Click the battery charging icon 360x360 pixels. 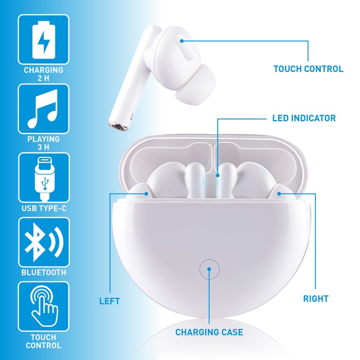43,39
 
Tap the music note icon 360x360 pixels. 43,108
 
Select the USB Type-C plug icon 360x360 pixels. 43,178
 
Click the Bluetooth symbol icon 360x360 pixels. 43,243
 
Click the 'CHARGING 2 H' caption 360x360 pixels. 43,74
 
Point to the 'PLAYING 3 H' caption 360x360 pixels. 43,143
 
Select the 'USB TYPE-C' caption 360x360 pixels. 43,209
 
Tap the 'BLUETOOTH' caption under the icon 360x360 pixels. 43,272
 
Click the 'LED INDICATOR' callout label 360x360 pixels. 304,119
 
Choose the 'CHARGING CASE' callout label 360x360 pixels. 209,333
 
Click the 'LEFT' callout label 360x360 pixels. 110,300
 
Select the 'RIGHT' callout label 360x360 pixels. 315,298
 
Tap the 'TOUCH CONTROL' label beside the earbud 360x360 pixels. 308,69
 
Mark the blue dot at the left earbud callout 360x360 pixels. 147,193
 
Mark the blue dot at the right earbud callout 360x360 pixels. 279,193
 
